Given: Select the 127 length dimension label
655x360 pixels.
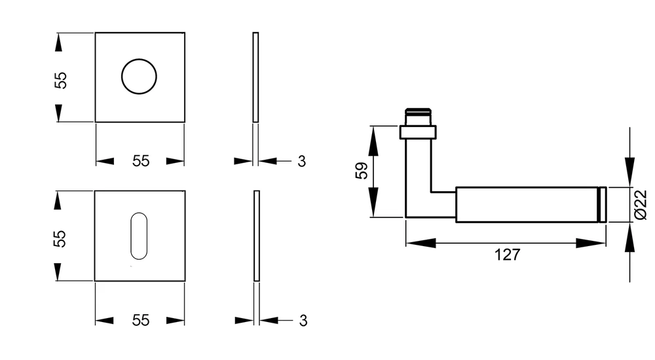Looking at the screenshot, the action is click(507, 255).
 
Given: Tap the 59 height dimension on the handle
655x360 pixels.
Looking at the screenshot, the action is click(362, 170).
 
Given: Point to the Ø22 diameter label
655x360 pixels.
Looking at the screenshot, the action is click(641, 205).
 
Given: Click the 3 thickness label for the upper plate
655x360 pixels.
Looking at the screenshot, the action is click(301, 161).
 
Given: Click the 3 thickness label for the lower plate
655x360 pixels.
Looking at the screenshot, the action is click(303, 321).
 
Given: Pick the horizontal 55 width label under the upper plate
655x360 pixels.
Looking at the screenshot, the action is click(141, 161).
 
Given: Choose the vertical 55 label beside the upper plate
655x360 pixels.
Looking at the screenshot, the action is click(60, 81).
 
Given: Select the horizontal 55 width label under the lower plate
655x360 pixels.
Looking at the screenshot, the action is click(141, 320).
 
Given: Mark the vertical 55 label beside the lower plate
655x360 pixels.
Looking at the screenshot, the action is click(60, 239).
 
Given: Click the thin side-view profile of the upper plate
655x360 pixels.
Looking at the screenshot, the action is click(255, 77).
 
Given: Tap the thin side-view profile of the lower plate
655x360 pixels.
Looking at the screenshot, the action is click(257, 236).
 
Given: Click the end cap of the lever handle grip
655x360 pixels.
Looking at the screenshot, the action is click(603, 205).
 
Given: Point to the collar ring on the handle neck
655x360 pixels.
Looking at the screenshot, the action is click(418, 132).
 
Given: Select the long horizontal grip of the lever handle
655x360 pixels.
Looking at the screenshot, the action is click(527, 205).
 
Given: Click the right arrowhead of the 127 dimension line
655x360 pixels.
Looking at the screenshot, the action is click(591, 243).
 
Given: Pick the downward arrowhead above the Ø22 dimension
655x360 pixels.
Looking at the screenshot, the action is click(629, 171).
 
